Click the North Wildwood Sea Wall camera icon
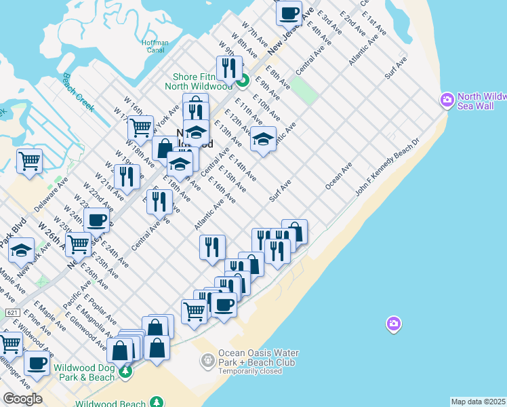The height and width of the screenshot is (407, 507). [447, 100]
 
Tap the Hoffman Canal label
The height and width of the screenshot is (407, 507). [155, 46]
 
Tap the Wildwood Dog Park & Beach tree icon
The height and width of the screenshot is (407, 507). [125, 372]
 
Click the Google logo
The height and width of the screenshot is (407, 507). [22, 399]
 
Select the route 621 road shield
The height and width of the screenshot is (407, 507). [12, 312]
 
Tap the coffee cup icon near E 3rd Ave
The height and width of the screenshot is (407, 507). [289, 13]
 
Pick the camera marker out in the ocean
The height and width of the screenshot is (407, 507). [394, 324]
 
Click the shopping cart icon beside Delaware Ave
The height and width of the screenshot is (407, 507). [29, 161]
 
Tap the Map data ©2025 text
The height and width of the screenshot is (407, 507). [479, 402]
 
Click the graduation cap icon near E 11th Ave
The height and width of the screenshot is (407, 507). [263, 139]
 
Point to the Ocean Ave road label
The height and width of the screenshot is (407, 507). [339, 175]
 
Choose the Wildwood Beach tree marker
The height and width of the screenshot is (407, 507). [157, 402]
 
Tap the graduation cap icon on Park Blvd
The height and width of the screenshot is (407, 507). [22, 250]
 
